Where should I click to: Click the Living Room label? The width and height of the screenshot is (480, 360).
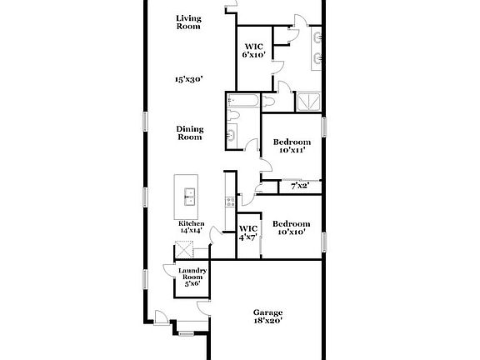(x=189, y=22)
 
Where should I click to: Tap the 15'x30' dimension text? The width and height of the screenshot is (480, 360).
(x=189, y=79)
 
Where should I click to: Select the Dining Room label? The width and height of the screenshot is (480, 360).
(x=190, y=132)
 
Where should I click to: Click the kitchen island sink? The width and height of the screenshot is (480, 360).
(x=190, y=197)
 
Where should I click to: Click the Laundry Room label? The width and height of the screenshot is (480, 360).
(x=192, y=277)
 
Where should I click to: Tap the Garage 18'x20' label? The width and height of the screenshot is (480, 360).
(x=268, y=316)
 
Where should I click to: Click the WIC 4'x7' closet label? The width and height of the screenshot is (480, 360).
(x=248, y=232)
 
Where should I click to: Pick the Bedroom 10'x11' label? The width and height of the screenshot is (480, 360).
(x=292, y=146)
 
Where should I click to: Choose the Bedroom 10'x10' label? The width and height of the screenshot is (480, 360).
(x=292, y=227)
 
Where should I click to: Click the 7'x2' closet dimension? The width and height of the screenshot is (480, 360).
(x=300, y=187)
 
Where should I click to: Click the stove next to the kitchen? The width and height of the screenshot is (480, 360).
(x=229, y=201)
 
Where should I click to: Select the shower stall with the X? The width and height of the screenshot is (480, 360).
(x=309, y=102)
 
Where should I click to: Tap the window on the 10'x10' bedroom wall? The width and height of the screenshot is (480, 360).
(x=324, y=242)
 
